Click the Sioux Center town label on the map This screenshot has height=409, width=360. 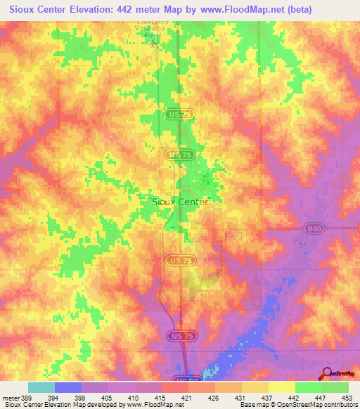(180, 202)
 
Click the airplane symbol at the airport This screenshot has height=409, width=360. (155, 44)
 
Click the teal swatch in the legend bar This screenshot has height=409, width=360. (41, 387)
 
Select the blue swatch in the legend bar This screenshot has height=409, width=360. (67, 387)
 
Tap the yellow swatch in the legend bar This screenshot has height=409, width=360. (281, 387)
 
